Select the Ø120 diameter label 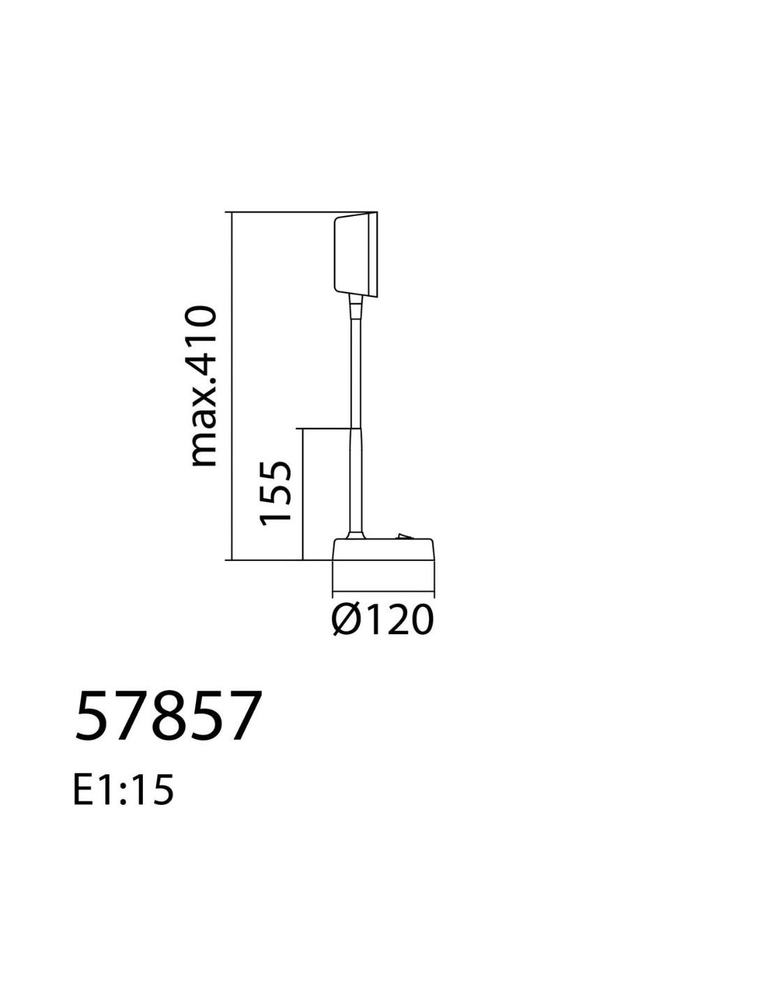click(x=381, y=620)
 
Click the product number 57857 click(x=169, y=716)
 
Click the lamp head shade click(x=356, y=254)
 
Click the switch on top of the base click(x=404, y=536)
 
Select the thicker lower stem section click(x=356, y=479)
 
